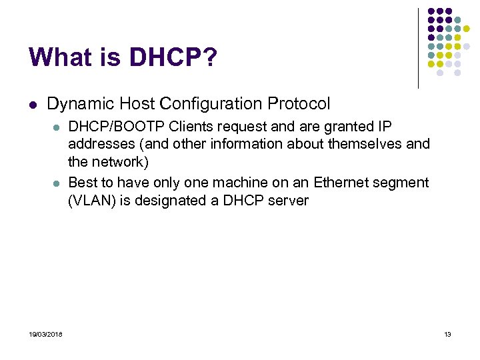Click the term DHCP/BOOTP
117,127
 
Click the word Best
83,183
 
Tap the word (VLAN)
92,200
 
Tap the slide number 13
447,334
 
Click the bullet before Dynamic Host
33,105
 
